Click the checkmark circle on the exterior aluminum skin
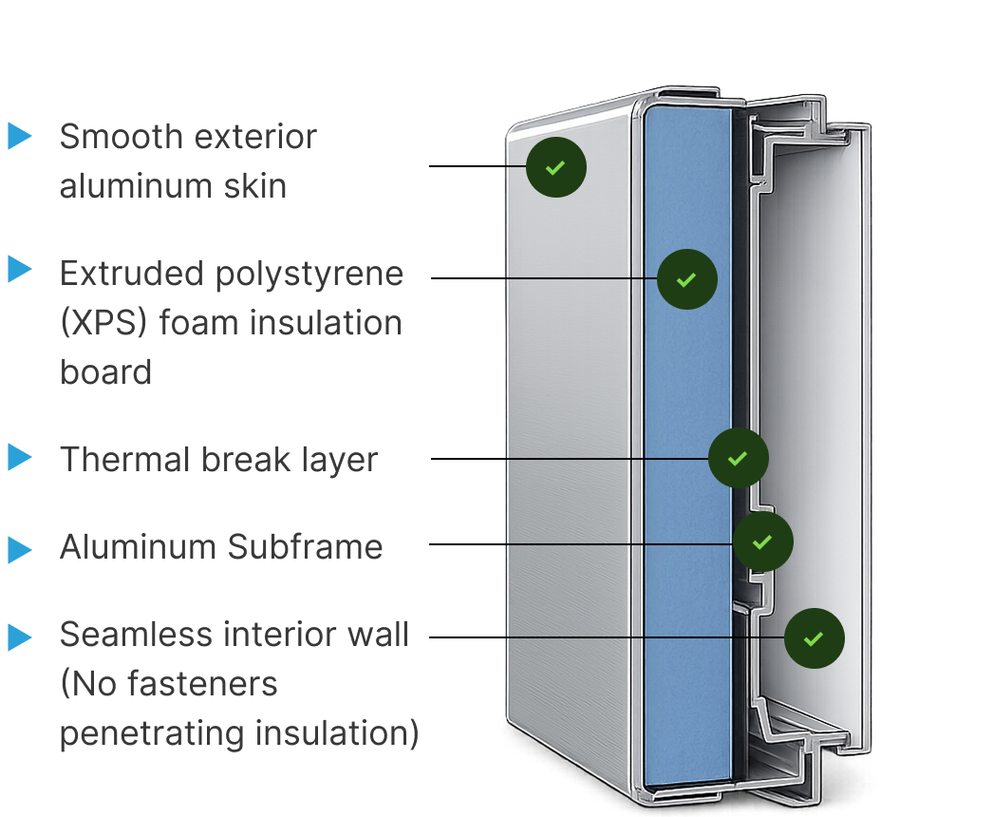[556, 167]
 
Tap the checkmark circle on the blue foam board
[687, 279]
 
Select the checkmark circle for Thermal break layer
[739, 458]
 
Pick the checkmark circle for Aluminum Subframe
[762, 541]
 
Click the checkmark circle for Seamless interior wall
[815, 638]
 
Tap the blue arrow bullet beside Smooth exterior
[20, 136]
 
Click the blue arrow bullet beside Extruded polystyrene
[20, 269]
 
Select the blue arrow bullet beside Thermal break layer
[20, 457]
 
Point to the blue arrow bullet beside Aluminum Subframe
[20, 549]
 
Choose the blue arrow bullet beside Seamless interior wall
[20, 637]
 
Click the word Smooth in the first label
[121, 136]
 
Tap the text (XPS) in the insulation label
[103, 322]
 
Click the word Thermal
[125, 459]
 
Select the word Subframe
[306, 546]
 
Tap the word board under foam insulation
[105, 371]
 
